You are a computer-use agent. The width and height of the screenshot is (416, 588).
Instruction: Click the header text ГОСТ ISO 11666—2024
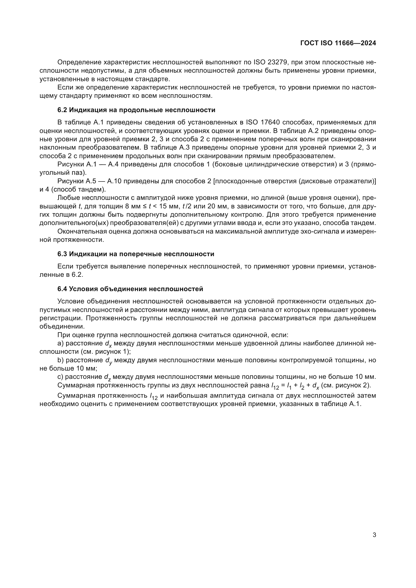click(338, 43)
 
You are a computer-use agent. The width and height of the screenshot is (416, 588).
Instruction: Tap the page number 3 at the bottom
click(374, 535)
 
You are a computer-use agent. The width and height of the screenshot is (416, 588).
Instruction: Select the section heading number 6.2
click(62, 110)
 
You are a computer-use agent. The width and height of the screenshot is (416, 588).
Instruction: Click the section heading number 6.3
click(62, 254)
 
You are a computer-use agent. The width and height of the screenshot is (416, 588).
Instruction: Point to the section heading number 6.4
click(62, 289)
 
